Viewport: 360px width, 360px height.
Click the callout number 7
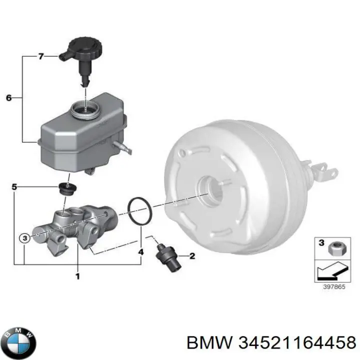tap(41, 56)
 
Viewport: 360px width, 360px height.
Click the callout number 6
tap(8, 98)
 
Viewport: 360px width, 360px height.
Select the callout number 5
tap(14, 187)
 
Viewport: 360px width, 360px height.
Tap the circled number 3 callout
tap(25, 238)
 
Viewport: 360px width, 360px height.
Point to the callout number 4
tap(141, 252)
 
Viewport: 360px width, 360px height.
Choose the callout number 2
tap(192, 256)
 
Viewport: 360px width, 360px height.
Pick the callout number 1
tap(78, 276)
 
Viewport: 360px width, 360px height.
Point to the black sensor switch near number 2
tap(169, 257)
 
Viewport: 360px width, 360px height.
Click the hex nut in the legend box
tap(336, 248)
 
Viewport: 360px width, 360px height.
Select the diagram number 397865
tap(334, 286)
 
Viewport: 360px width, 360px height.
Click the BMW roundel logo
tap(20, 342)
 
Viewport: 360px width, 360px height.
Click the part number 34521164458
tap(297, 343)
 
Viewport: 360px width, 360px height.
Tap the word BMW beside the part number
tap(209, 343)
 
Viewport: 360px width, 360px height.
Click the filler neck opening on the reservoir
tap(85, 109)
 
